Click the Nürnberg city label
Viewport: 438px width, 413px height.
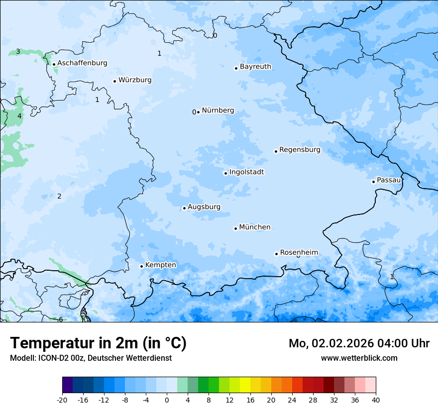pos(218,110)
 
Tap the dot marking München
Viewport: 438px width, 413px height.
pos(236,228)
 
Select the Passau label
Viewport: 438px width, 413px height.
pos(388,180)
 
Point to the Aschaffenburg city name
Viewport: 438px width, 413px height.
pos(82,63)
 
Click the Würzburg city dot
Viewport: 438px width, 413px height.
pos(114,81)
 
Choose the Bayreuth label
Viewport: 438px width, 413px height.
pos(255,67)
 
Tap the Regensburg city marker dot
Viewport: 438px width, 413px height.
pos(276,151)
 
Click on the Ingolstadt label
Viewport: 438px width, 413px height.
pos(246,172)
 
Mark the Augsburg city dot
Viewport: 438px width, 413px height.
pos(184,208)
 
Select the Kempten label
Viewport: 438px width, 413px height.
pos(160,265)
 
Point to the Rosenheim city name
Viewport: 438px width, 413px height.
pos(299,253)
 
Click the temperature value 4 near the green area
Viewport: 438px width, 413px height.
pos(19,116)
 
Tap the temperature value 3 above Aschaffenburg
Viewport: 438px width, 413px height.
pos(18,52)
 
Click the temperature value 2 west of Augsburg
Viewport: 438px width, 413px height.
pos(59,196)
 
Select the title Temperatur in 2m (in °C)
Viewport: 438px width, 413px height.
pos(98,343)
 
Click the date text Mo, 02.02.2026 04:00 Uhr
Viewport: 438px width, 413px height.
pos(359,343)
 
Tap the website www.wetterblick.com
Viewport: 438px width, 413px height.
pos(359,358)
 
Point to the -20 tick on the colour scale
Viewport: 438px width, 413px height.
pos(62,400)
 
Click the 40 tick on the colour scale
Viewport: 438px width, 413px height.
pos(376,400)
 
